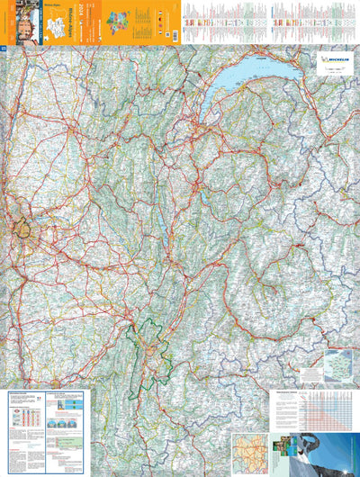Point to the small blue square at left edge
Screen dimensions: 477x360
(x=4, y=49)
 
